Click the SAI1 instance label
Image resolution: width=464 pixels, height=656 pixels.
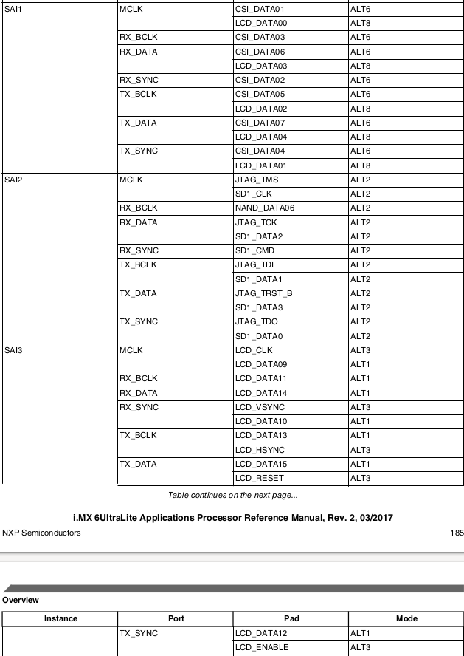point(13,10)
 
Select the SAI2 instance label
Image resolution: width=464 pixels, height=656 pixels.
point(13,180)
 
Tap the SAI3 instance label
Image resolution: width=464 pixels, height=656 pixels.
point(13,351)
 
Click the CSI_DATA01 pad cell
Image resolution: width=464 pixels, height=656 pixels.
point(259,10)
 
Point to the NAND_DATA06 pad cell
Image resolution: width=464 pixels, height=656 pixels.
point(264,208)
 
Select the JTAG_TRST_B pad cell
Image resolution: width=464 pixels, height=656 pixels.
point(263,294)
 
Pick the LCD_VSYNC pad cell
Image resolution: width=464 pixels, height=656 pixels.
point(260,408)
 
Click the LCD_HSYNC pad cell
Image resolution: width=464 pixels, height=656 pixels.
point(260,451)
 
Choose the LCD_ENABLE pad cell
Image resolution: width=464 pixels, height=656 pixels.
point(262,648)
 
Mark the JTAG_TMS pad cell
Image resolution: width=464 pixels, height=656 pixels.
point(256,180)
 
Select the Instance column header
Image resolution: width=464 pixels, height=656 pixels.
point(60,619)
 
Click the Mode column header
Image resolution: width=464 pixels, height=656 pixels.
point(406,619)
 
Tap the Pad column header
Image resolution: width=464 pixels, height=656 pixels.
point(291,619)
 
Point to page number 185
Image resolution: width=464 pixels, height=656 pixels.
point(457,533)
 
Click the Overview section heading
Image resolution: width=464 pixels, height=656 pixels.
point(21,601)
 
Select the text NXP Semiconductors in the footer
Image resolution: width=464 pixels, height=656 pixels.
point(41,533)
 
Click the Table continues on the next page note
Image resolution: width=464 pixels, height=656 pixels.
point(232,495)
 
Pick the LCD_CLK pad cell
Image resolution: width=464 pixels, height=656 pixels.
point(254,351)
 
